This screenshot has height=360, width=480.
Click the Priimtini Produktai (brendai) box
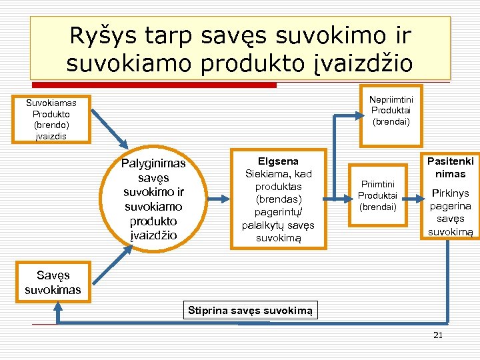point(377,196)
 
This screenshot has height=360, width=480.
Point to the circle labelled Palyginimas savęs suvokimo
point(153,199)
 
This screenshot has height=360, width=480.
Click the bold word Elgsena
point(278,161)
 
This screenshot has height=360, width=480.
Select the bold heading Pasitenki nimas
point(451,167)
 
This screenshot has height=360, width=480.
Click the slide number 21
point(437,335)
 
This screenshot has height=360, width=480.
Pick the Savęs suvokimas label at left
point(53,282)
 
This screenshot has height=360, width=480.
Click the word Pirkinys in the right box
point(451,193)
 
